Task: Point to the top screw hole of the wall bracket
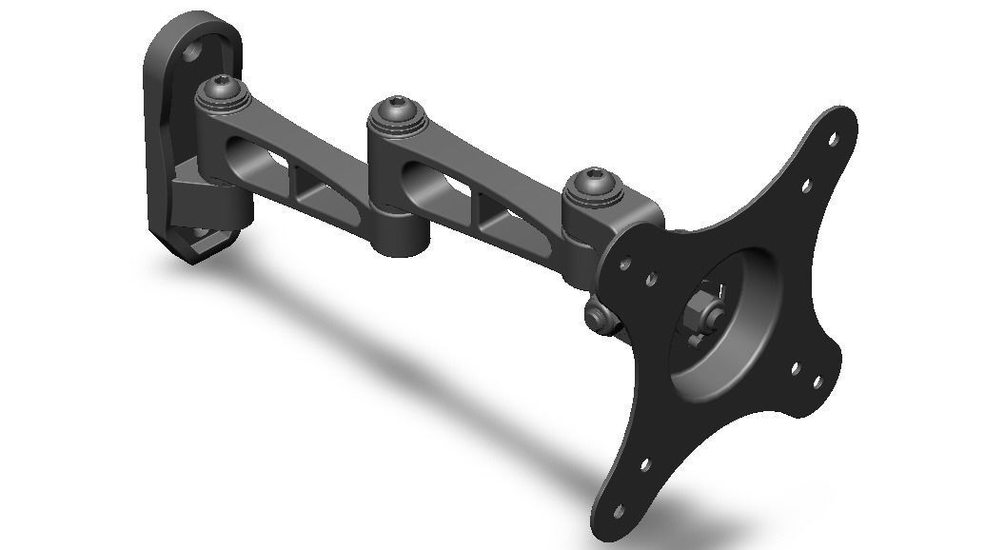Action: [x=198, y=52]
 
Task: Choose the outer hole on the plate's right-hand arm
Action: [x=818, y=383]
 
